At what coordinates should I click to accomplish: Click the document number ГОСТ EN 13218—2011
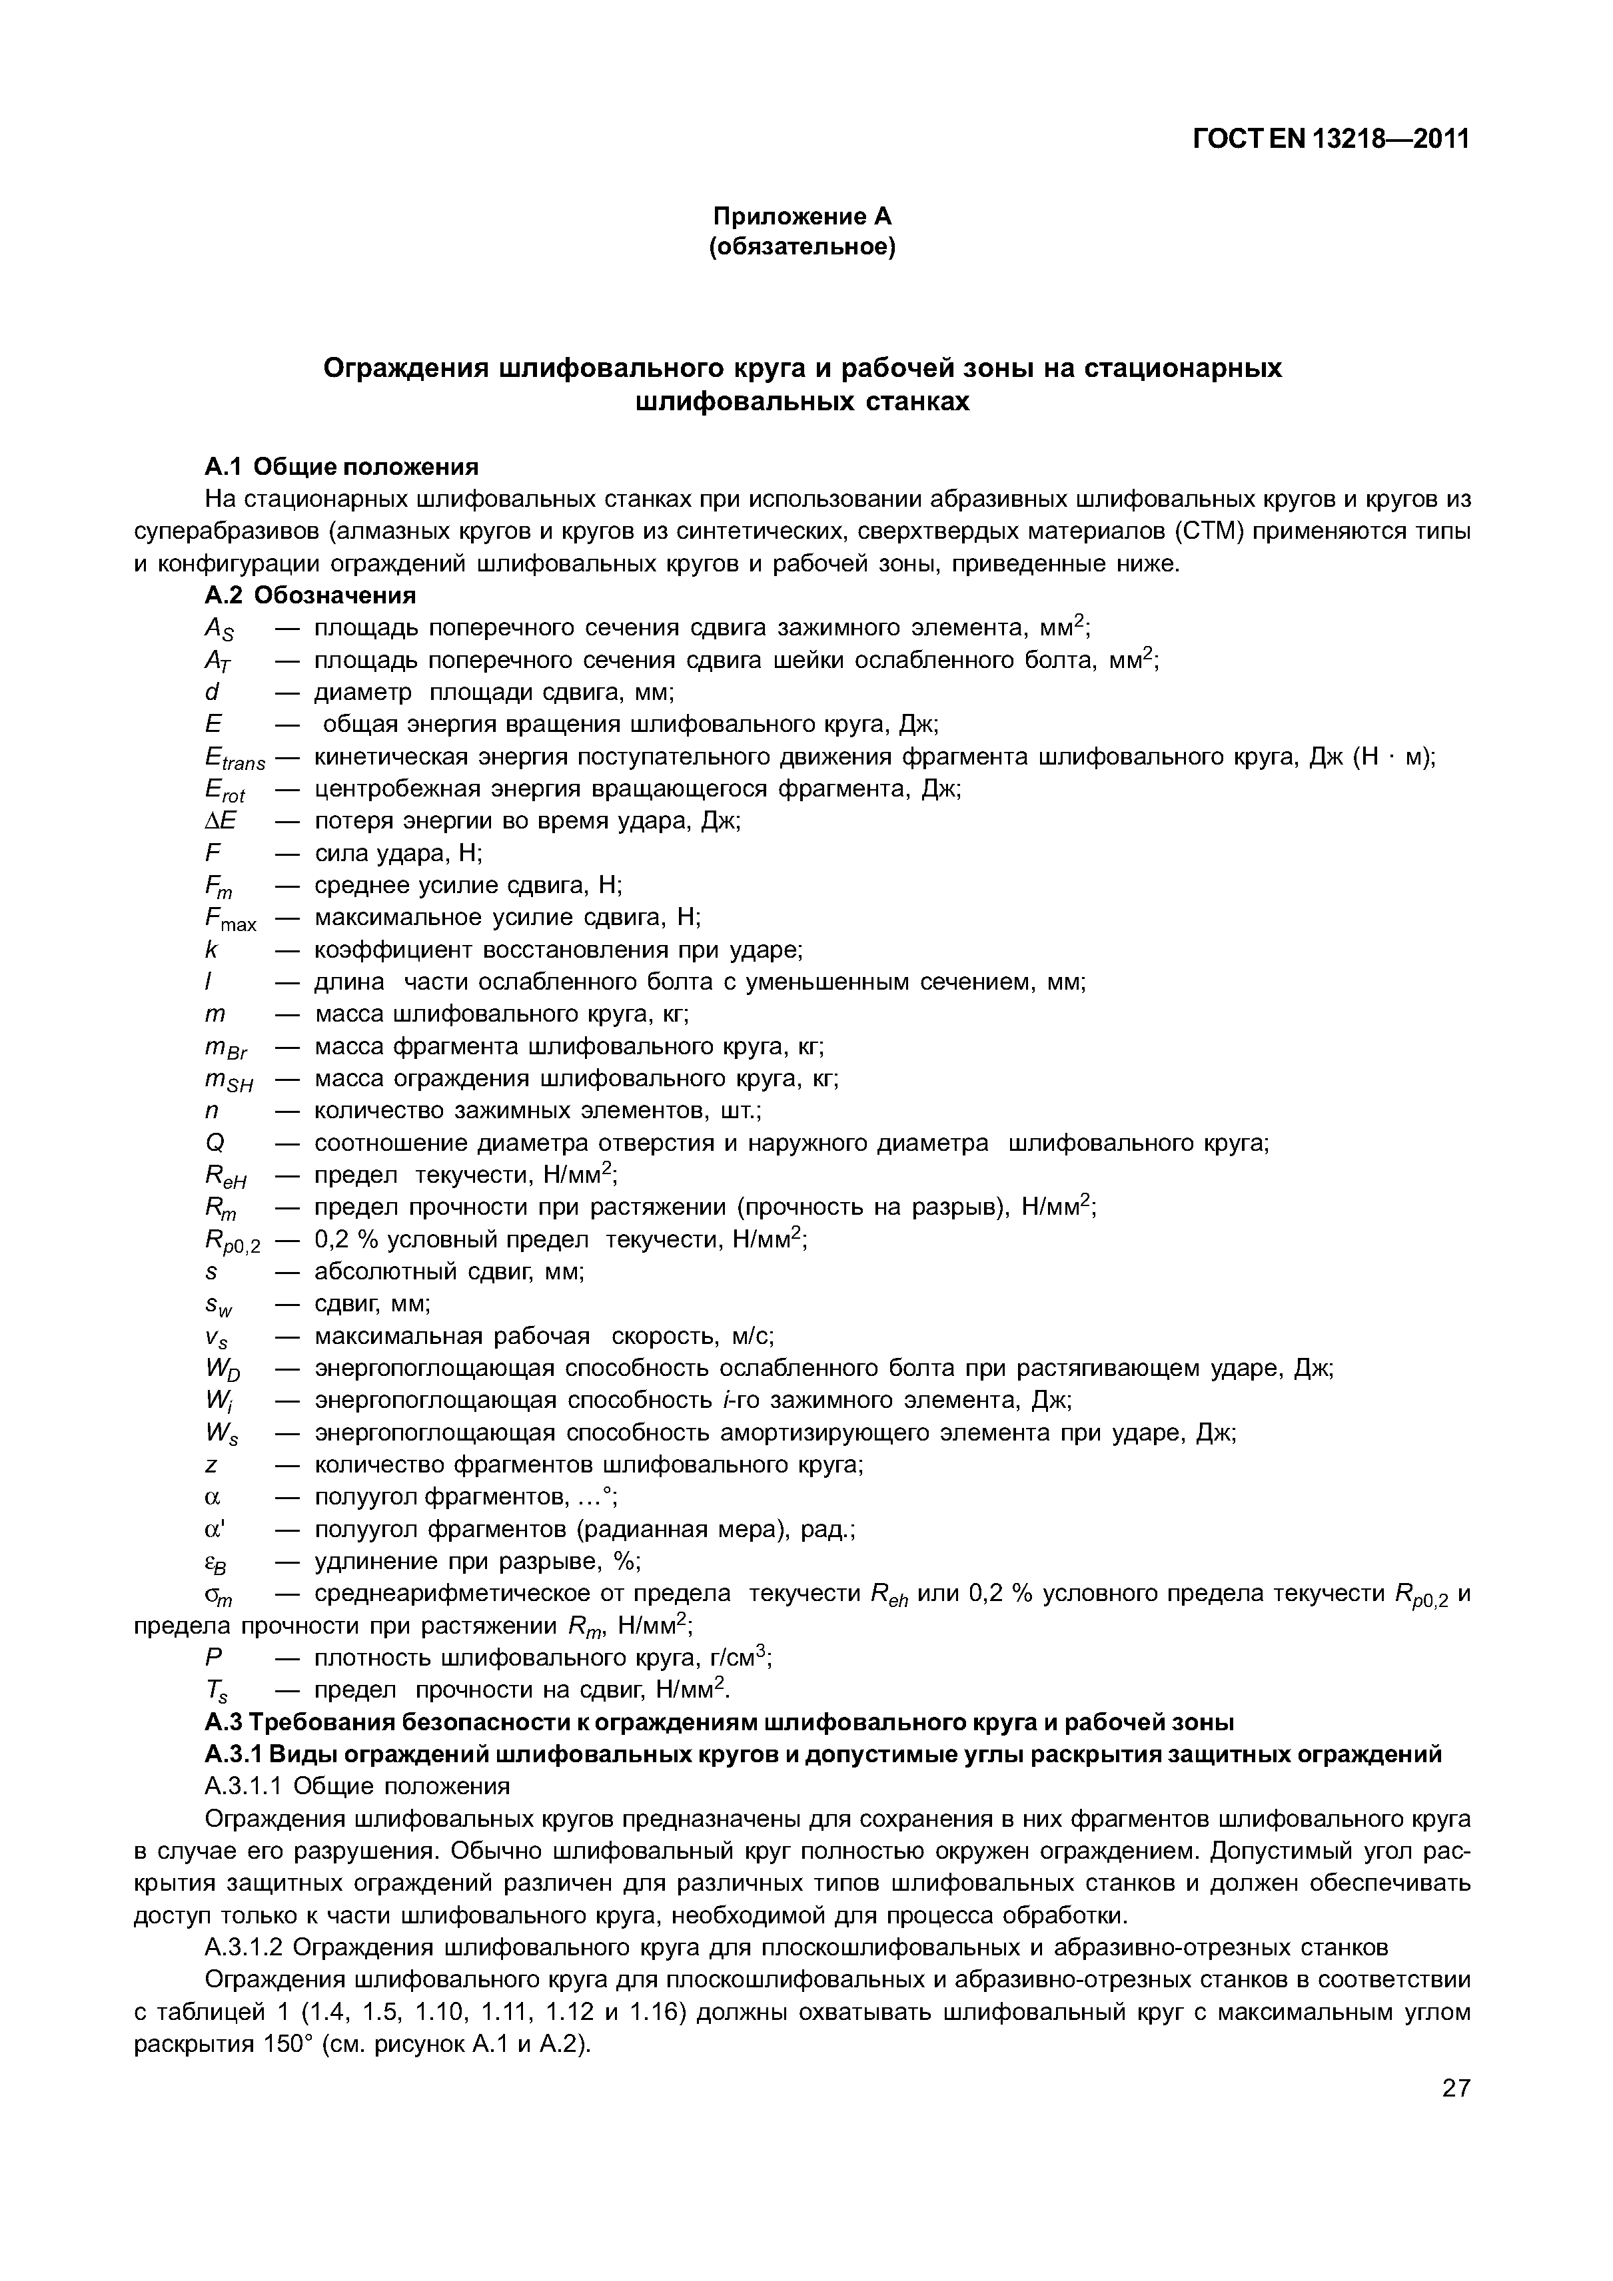point(1330,140)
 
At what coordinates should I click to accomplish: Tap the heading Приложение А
point(802,216)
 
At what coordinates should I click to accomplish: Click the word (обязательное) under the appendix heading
point(802,247)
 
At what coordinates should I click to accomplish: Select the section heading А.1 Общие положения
point(341,466)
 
